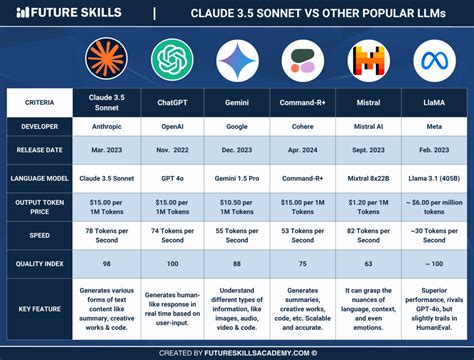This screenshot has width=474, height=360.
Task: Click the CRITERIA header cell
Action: [x=41, y=103]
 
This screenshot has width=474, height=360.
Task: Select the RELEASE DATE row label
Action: [x=41, y=149]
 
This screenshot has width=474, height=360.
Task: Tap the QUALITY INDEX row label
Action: [x=41, y=264]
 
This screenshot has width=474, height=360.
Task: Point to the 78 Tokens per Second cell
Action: [x=105, y=235]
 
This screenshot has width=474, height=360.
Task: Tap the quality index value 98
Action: [x=105, y=264]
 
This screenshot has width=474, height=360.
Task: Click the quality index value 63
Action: [x=367, y=264]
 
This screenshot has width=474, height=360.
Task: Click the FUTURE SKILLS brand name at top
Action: [x=73, y=14]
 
